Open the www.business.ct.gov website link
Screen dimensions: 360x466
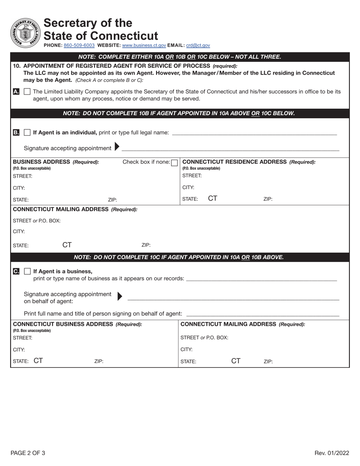click(144, 45)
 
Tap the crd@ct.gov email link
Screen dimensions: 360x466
click(198, 45)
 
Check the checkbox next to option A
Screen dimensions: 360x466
click(27, 91)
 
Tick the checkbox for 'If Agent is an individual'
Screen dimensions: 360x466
click(27, 133)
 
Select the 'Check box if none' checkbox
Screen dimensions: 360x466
click(174, 163)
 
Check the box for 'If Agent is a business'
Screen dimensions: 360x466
click(27, 271)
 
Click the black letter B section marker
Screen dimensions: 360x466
click(16, 133)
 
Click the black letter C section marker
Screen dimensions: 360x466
click(16, 271)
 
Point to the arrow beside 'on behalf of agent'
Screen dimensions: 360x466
click(120, 296)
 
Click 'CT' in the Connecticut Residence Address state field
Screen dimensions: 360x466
click(213, 198)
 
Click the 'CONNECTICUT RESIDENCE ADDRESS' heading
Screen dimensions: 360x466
click(235, 162)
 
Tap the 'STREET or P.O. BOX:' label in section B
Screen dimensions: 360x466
click(37, 220)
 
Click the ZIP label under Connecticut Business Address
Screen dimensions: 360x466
click(99, 361)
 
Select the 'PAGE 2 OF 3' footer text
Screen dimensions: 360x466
click(28, 453)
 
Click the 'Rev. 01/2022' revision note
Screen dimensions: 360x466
click(332, 453)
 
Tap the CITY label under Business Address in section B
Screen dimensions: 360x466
click(19, 188)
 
